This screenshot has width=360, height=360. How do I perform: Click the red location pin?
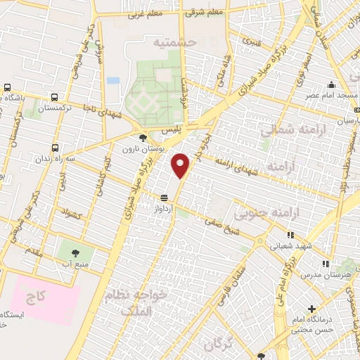(181, 165)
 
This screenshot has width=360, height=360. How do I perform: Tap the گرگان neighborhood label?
(215, 345)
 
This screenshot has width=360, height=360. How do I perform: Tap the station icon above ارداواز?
(164, 198)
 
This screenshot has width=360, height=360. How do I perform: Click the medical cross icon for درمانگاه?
(312, 308)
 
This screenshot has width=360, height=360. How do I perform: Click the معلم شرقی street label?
(204, 11)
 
